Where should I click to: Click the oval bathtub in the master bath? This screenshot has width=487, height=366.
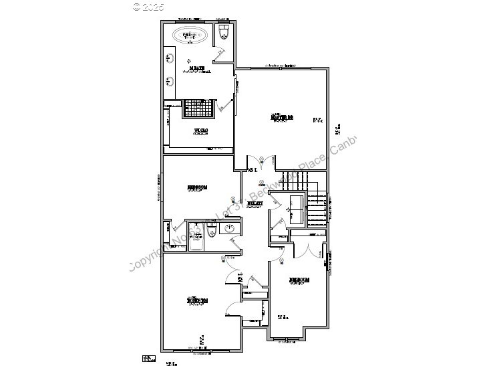pyautogui.click(x=192, y=35)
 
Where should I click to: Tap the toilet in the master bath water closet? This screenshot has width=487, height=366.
pyautogui.click(x=224, y=33)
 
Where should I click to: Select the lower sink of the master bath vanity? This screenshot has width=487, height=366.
pyautogui.click(x=170, y=82)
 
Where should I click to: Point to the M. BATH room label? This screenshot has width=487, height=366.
pyautogui.click(x=197, y=68)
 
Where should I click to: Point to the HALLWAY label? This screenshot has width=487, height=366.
pyautogui.click(x=255, y=203)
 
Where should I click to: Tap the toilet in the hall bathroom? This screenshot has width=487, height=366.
pyautogui.click(x=210, y=231)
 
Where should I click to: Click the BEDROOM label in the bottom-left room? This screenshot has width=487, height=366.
pyautogui.click(x=196, y=301)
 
